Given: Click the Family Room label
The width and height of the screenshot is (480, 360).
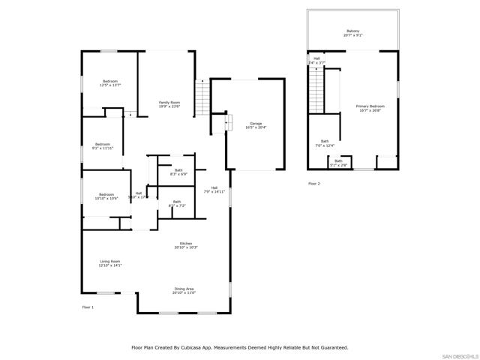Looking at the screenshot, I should [x=169, y=104].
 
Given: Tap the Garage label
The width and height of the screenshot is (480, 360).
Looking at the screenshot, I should [x=256, y=125].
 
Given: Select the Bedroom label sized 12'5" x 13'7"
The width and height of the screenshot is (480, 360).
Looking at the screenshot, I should [x=109, y=83].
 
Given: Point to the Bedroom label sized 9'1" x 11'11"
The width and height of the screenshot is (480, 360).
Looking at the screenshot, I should [x=103, y=146].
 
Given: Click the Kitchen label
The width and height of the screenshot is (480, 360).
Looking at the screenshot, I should [x=186, y=245].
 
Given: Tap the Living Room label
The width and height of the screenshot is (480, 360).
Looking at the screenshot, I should [x=110, y=263].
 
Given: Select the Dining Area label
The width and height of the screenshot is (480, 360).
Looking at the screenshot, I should [x=184, y=291].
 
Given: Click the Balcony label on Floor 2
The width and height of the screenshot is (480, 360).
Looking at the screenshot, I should [x=352, y=33].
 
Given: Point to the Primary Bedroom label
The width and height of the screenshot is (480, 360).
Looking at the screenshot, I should [x=370, y=109].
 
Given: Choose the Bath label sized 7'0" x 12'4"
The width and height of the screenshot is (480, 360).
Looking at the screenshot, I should [x=325, y=143].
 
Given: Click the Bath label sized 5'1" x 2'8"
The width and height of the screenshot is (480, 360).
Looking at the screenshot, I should [x=338, y=163].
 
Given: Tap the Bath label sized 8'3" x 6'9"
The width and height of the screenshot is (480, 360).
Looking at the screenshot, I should [x=178, y=172].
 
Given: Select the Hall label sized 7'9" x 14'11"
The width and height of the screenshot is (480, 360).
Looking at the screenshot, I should [x=214, y=190].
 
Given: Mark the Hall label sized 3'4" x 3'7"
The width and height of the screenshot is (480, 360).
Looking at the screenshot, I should [x=316, y=60].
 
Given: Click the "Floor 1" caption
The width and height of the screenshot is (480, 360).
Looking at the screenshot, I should [x=88, y=307].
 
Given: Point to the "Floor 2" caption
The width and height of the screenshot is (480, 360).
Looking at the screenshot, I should [x=313, y=183].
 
